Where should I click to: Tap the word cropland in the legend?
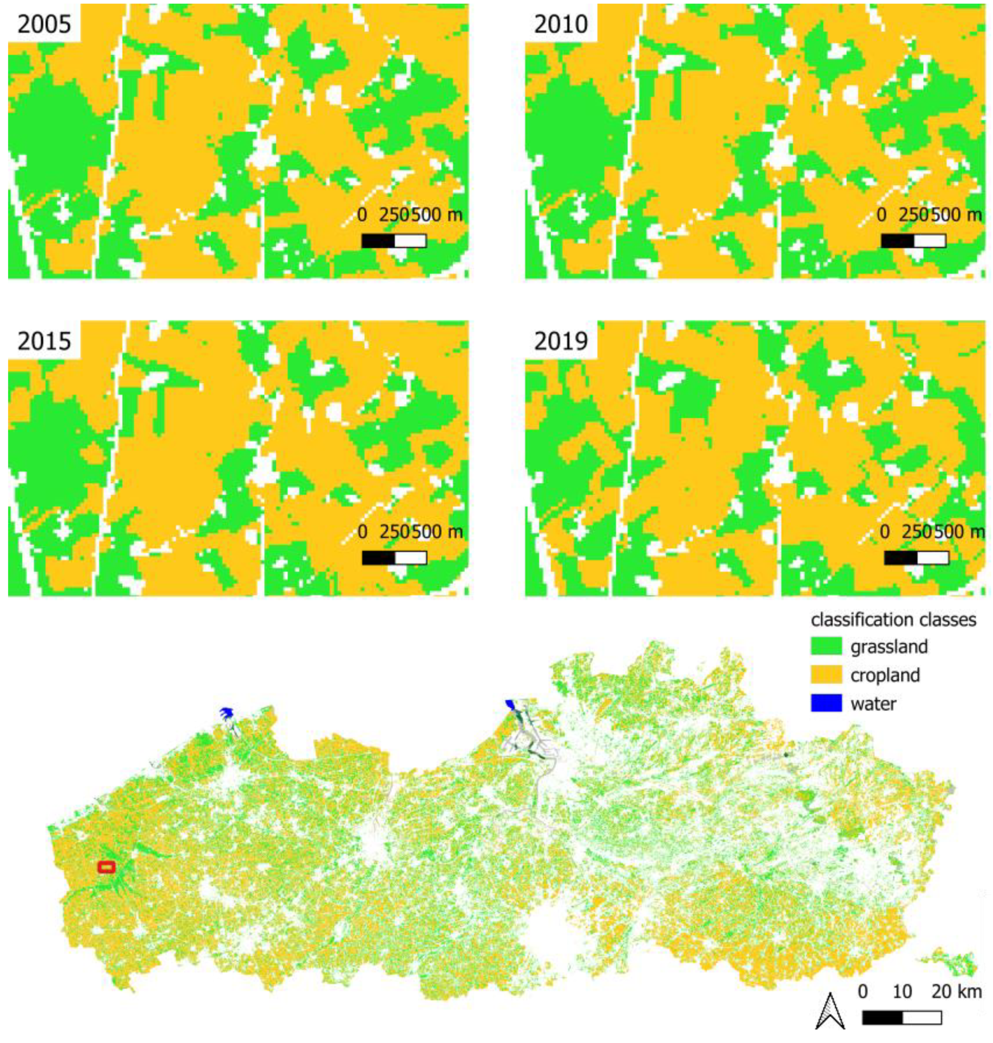tap(885, 675)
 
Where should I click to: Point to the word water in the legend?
tap(873, 704)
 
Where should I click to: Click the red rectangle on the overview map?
tap(106, 867)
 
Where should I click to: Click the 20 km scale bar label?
tap(956, 991)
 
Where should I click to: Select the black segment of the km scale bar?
tap(882, 1018)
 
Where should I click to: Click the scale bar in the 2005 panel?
tap(394, 241)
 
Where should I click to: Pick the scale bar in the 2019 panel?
tap(916, 558)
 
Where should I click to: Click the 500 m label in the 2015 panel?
tap(437, 531)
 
